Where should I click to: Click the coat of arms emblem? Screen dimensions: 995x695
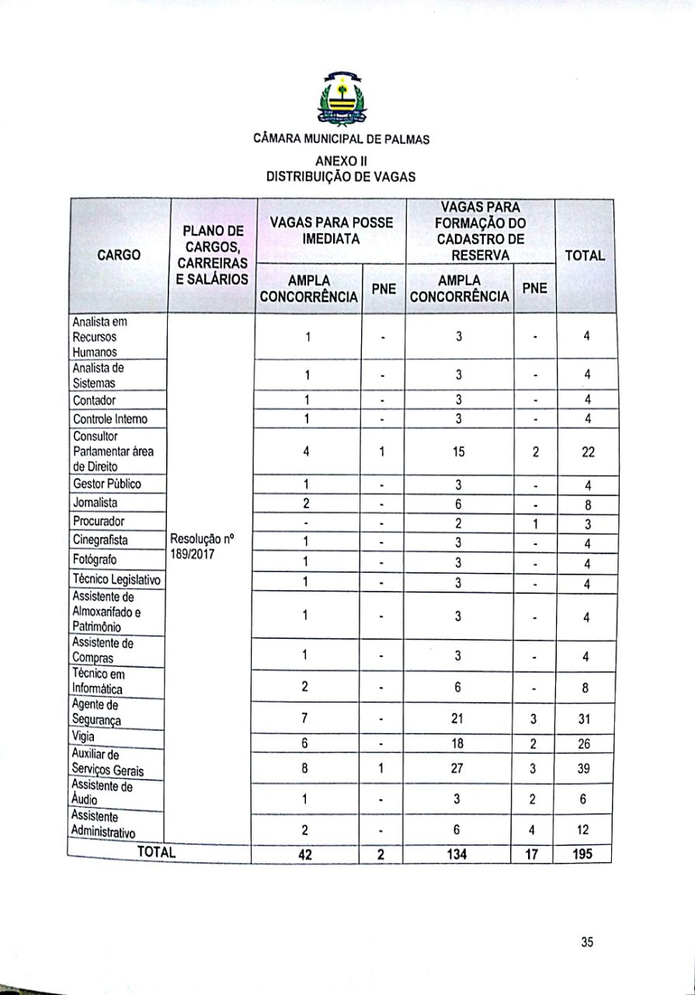tap(342, 99)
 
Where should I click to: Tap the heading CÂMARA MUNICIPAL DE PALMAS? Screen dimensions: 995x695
tap(342, 140)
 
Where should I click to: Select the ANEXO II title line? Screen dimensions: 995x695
tap(342, 161)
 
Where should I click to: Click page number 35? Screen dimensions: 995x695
tap(587, 942)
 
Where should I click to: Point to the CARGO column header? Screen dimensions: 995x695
tap(119, 255)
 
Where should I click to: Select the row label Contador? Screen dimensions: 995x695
tap(94, 400)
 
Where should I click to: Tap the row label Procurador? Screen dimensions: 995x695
tap(99, 521)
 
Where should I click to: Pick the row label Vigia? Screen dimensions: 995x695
tap(83, 736)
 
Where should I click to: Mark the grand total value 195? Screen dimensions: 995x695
tap(582, 854)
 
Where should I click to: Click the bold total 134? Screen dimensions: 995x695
tap(458, 854)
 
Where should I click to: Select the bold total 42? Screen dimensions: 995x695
tap(307, 854)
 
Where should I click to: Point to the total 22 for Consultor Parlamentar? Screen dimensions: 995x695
tap(587, 452)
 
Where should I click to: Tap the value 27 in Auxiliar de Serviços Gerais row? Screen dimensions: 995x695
tap(458, 768)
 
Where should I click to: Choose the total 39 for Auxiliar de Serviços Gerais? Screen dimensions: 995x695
tap(585, 768)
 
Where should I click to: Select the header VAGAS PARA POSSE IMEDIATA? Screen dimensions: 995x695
tap(331, 230)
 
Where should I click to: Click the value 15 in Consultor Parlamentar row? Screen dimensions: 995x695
tap(459, 452)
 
